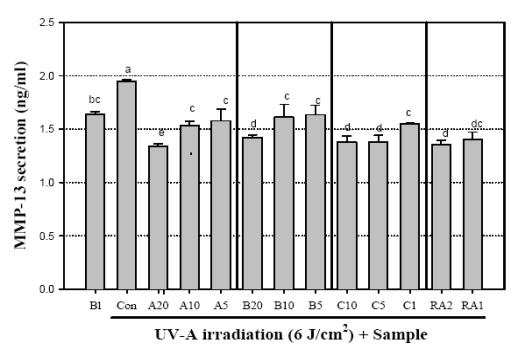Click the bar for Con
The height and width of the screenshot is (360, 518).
(127, 185)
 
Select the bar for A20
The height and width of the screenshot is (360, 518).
(158, 217)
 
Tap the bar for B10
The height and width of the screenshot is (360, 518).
(284, 203)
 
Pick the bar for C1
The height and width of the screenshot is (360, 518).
(410, 206)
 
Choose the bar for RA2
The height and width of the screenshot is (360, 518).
(441, 217)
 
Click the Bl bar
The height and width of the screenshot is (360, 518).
(95, 202)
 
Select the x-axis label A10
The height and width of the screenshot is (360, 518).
(190, 305)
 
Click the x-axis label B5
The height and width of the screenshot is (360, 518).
(315, 305)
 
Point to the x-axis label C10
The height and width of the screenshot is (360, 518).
(347, 305)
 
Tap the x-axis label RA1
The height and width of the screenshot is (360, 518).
(472, 305)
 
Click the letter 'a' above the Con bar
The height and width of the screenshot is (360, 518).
(128, 70)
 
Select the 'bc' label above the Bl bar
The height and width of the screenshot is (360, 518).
(94, 99)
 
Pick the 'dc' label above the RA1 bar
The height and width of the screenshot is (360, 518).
(477, 124)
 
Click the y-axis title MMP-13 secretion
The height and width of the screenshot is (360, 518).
(21, 155)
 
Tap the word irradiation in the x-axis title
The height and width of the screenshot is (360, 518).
(242, 334)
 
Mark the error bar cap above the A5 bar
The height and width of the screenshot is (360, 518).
(221, 109)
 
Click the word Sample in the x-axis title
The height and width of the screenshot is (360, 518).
(400, 335)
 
